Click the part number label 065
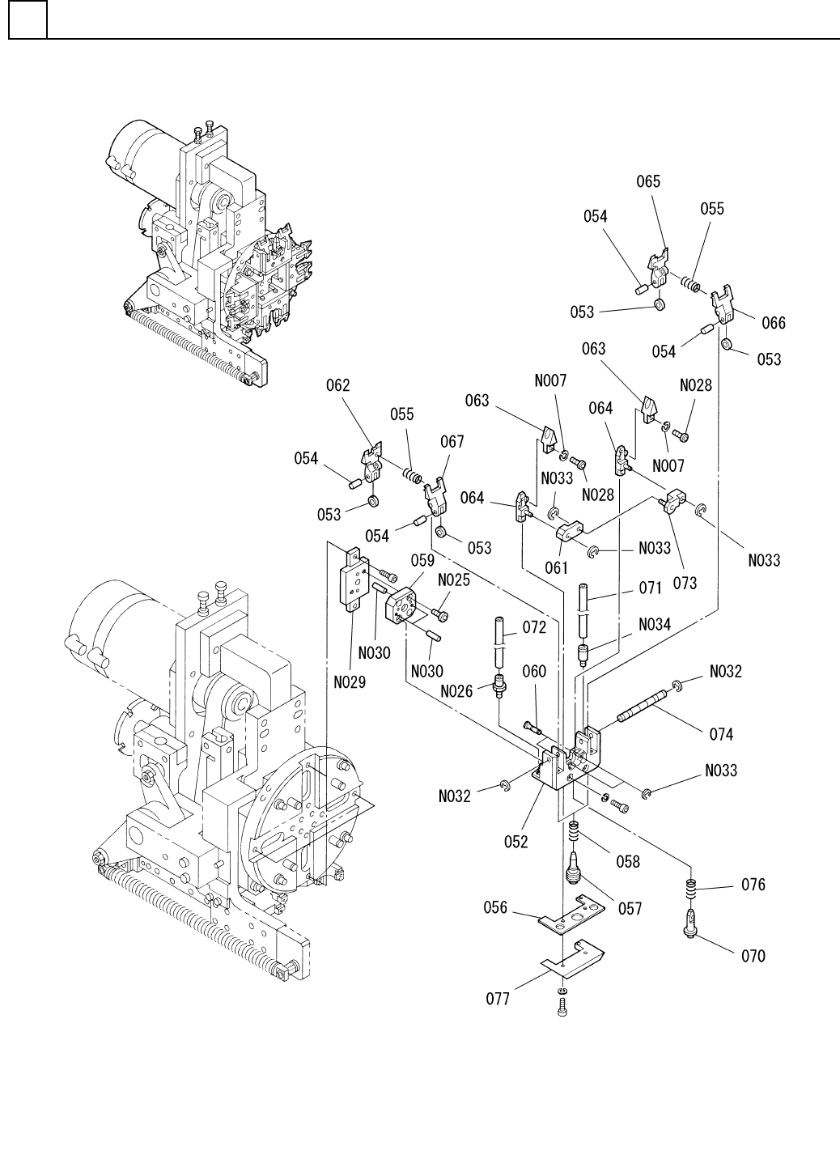point(648,181)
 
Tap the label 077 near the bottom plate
point(498,999)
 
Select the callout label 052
point(515,842)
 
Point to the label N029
point(350,682)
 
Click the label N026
point(456,691)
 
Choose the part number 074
point(721,734)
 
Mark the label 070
point(753,956)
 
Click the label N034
point(655,625)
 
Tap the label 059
point(423,560)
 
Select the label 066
point(774,323)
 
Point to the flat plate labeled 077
point(572,959)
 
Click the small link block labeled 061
point(570,532)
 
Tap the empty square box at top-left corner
point(28,19)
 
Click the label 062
point(337,385)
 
